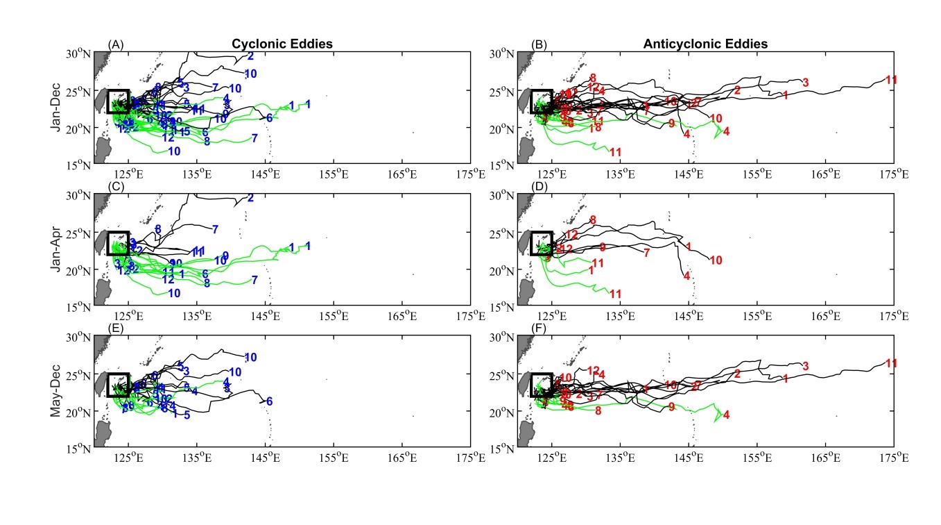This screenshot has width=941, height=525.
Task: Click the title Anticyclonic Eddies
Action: pos(705,44)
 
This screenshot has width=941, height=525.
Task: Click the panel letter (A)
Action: pos(116,45)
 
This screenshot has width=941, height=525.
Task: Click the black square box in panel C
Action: pos(119,243)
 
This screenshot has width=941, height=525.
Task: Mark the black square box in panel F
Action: pos(542,385)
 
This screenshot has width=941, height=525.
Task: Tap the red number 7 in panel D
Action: pos(646,253)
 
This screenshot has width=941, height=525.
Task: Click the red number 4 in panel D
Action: pos(687,276)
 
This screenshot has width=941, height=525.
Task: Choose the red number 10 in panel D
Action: pos(716,260)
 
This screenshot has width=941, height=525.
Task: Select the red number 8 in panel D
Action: pos(593,220)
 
